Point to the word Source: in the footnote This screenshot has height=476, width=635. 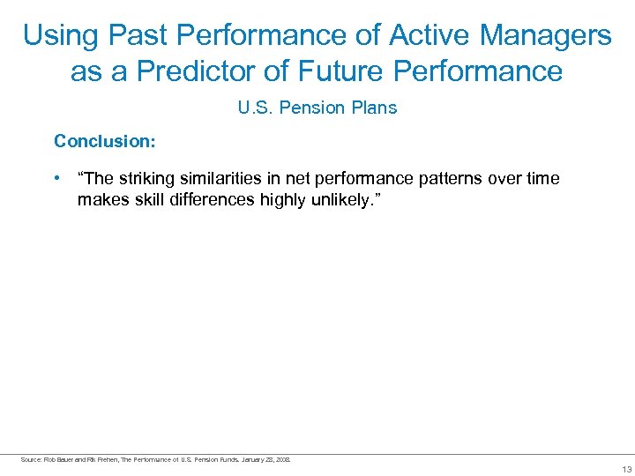coord(30,459)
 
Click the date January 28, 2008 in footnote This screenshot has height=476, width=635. coord(270,459)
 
